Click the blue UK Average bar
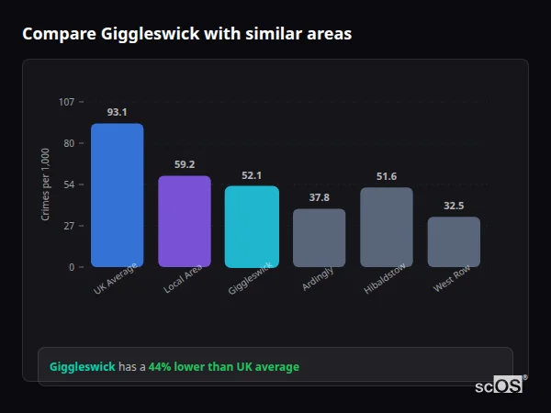tap(117, 195)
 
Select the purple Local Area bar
tap(185, 221)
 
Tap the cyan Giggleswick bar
tap(252, 227)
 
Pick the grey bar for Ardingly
tap(319, 238)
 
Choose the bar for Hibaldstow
tap(387, 227)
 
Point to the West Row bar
tap(454, 241)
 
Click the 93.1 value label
tap(117, 112)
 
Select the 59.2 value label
tap(185, 164)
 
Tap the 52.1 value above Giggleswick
tap(252, 175)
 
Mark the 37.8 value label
tap(319, 197)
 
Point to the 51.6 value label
tap(387, 176)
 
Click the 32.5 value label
tap(454, 206)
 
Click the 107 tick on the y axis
tap(66, 102)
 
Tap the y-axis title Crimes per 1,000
tap(45, 184)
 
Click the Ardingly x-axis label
tap(318, 279)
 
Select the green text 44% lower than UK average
tap(224, 367)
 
